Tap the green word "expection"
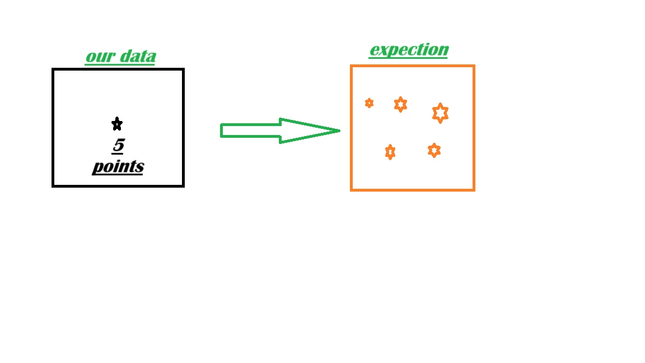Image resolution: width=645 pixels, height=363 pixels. click(409, 50)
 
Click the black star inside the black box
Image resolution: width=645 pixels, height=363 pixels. click(117, 123)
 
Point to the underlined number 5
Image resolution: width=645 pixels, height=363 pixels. click(119, 145)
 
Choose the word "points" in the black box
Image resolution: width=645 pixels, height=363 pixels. click(118, 167)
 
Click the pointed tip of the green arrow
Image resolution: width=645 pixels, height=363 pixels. click(339, 131)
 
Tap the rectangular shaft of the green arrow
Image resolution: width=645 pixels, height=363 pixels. click(251, 131)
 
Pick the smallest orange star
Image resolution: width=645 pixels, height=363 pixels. click(369, 103)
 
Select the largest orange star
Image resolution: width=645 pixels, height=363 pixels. click(440, 113)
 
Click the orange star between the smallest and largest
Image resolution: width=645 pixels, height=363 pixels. click(400, 105)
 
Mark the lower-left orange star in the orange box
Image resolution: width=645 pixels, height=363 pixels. click(390, 152)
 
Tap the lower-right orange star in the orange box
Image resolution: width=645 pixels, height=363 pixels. click(434, 150)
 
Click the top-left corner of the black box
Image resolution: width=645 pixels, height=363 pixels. click(53, 69)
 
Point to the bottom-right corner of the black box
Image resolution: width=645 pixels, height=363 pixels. click(183, 186)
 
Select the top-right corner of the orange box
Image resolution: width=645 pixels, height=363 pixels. click(474, 66)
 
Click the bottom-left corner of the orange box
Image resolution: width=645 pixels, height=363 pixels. click(352, 190)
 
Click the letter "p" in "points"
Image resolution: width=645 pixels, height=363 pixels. click(98, 168)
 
